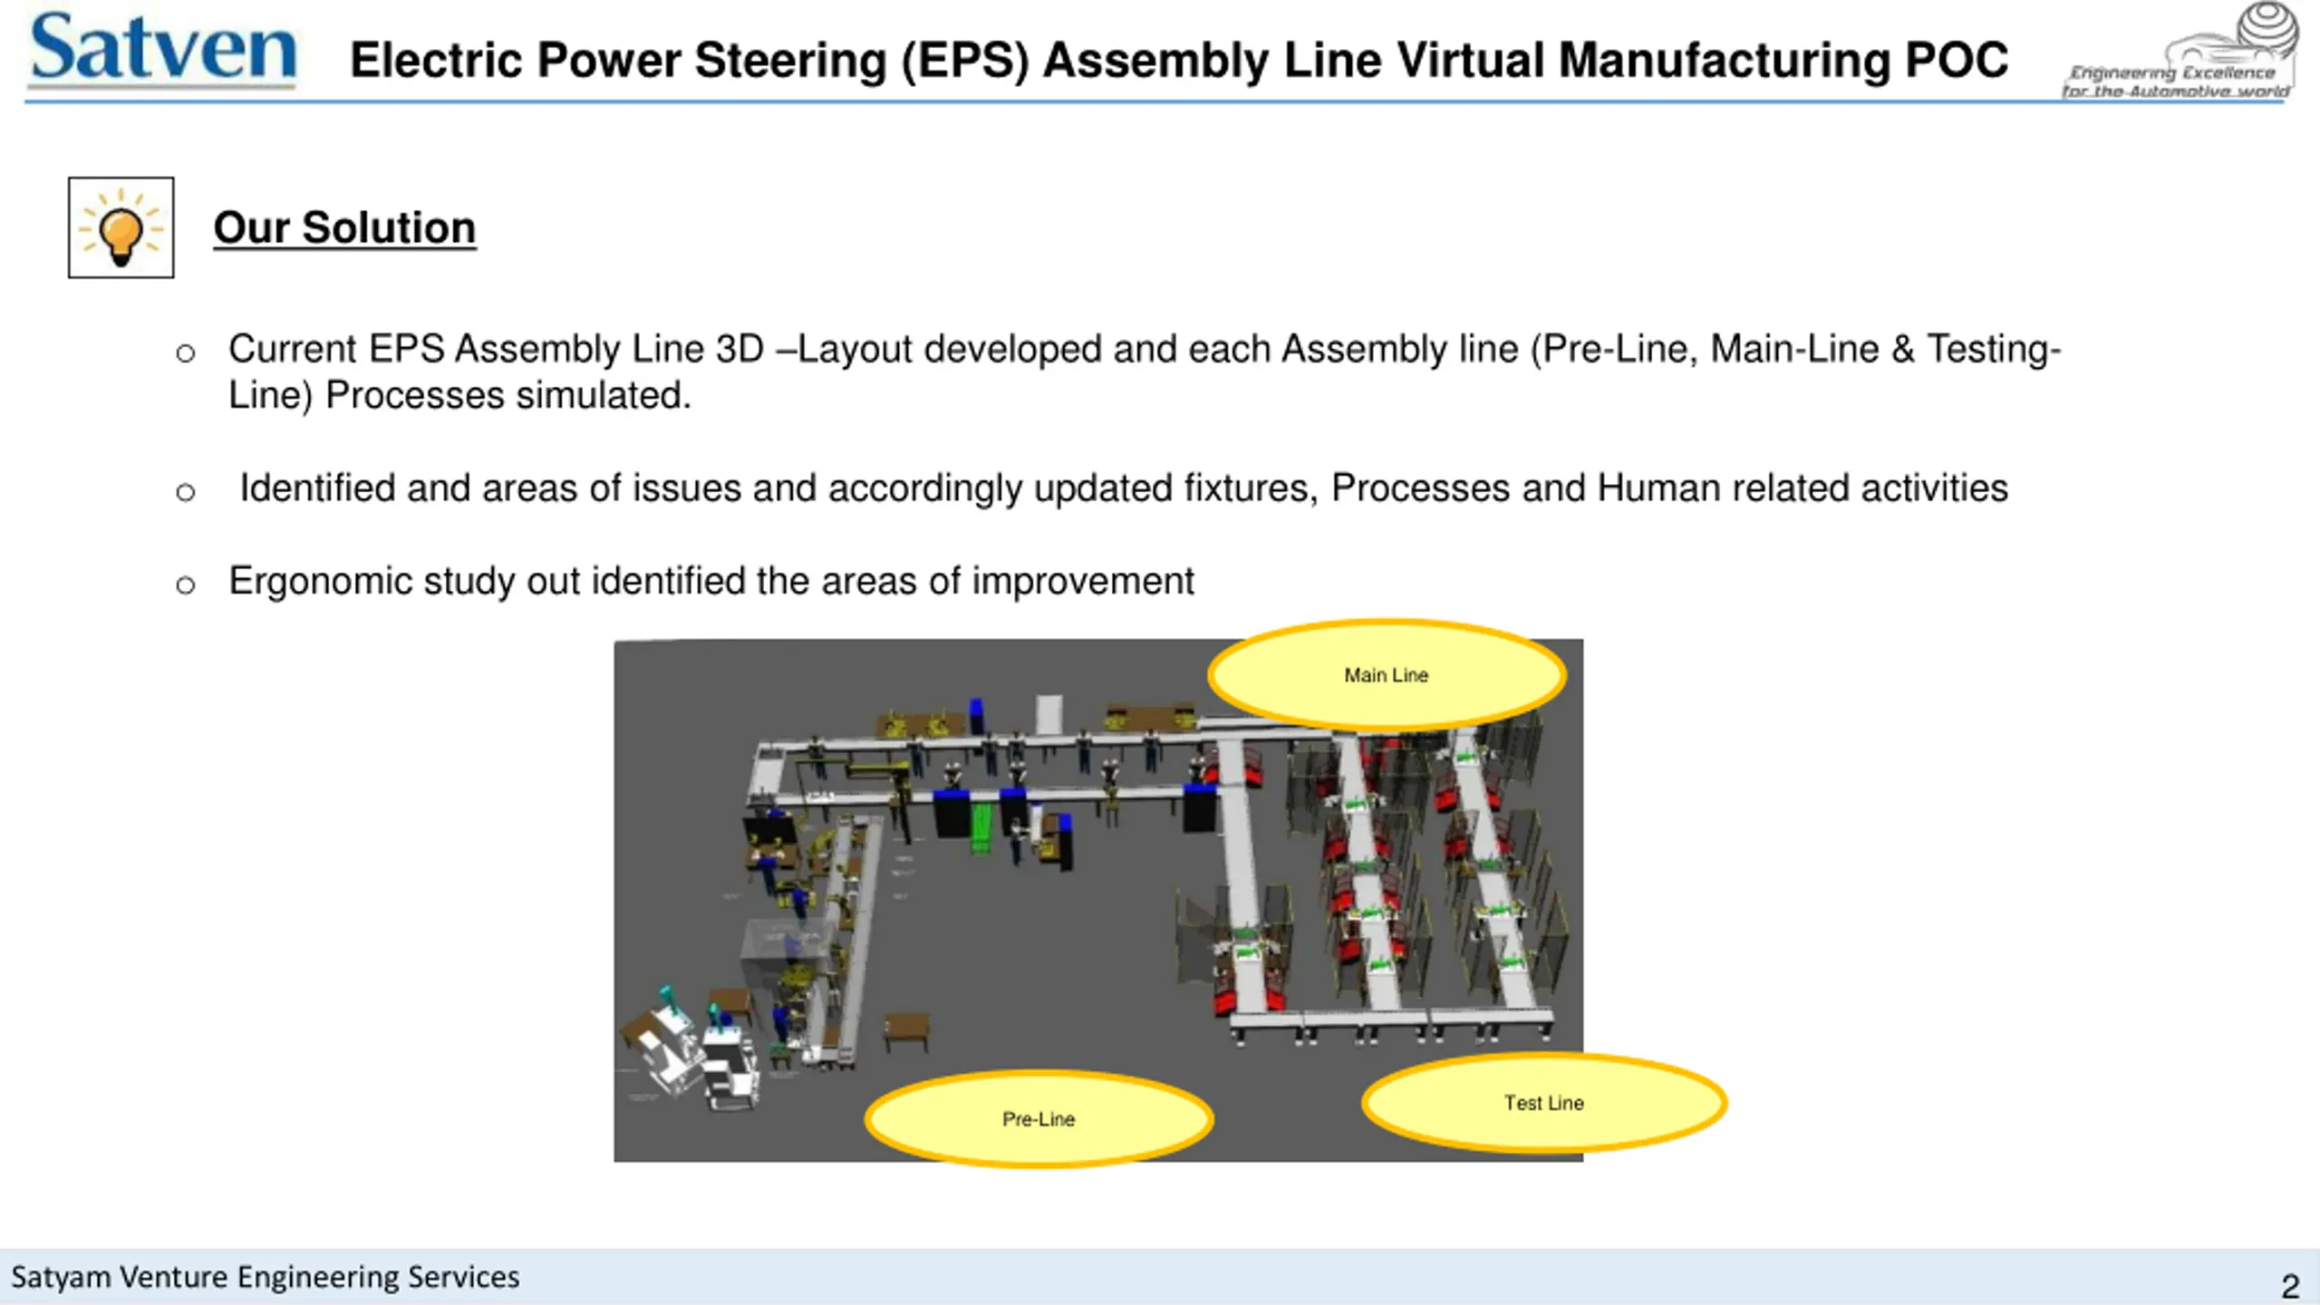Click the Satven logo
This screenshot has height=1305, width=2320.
click(163, 50)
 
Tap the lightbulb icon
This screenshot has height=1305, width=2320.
click(121, 228)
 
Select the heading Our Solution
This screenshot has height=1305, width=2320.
click(344, 227)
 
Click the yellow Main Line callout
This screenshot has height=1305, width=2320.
click(1387, 675)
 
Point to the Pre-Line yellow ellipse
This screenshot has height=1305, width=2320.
click(1039, 1119)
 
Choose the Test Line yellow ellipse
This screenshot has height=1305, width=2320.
click(1544, 1103)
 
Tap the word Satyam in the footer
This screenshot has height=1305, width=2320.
click(61, 1277)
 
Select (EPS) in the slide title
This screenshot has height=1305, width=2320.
click(964, 61)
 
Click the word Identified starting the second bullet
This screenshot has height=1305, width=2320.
click(317, 488)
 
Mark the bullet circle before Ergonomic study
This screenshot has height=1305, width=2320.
click(186, 585)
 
